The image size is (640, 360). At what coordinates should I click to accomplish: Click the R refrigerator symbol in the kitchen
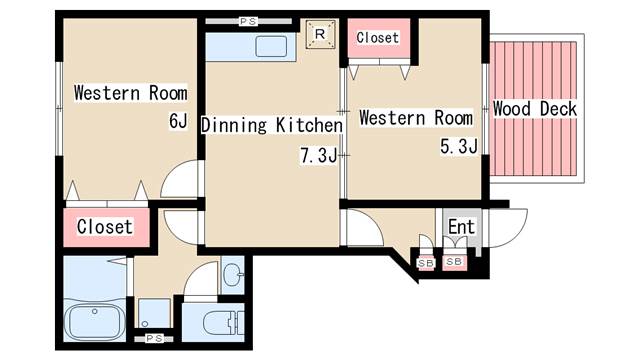(320, 34)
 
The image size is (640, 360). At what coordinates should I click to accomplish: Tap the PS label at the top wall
(248, 21)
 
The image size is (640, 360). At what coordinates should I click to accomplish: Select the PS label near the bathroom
(154, 338)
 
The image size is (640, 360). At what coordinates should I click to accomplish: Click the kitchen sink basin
(271, 46)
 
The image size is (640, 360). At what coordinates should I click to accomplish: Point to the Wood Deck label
(535, 109)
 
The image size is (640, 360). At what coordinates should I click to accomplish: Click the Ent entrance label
(462, 227)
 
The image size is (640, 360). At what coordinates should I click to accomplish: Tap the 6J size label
(178, 121)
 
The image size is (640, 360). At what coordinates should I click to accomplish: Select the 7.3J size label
(319, 155)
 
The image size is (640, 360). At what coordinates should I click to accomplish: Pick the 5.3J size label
(459, 146)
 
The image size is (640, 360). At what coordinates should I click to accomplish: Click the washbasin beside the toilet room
(233, 274)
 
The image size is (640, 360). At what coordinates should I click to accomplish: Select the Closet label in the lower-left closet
(105, 227)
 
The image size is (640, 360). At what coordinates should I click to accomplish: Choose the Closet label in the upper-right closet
(378, 38)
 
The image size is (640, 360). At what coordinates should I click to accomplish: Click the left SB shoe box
(426, 263)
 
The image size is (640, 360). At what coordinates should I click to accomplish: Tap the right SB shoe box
(454, 262)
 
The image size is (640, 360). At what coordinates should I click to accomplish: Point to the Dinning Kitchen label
(272, 125)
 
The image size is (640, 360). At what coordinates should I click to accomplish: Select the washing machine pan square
(154, 313)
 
